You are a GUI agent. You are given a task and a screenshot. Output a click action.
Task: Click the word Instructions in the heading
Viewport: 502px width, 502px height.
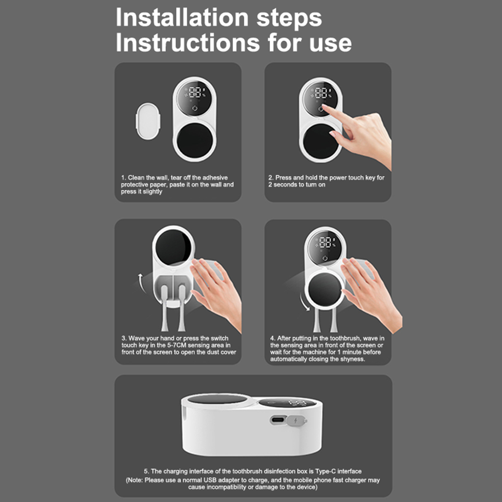tap(188, 43)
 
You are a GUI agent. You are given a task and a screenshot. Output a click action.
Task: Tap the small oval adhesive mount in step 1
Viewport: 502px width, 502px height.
tap(148, 121)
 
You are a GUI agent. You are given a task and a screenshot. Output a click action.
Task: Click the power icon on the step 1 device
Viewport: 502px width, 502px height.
tap(195, 109)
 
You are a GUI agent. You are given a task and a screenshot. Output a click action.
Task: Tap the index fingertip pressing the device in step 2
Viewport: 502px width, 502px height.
tap(324, 108)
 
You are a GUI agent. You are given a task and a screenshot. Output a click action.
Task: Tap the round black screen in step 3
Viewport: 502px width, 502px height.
tap(174, 247)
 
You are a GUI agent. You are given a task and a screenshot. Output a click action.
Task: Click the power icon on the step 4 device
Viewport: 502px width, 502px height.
tap(325, 258)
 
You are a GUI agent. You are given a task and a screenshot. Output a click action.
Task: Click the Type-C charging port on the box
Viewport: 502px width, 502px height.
tap(278, 420)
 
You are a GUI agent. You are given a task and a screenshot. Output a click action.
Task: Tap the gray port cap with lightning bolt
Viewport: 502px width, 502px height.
tap(296, 420)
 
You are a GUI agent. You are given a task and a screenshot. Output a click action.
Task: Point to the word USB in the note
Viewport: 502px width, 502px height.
tap(210, 480)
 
